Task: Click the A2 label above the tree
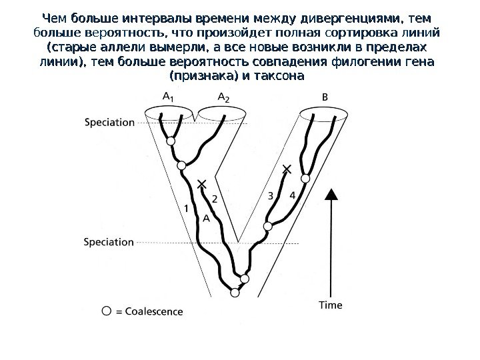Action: tap(224, 97)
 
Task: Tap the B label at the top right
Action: tap(325, 97)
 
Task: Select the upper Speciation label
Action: tap(110, 122)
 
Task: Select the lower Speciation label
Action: tap(110, 242)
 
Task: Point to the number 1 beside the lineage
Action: tap(187, 209)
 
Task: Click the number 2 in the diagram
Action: tap(214, 198)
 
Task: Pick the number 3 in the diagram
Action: tap(270, 195)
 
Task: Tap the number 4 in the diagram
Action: tap(292, 195)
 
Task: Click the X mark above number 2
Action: tap(203, 183)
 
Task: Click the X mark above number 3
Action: tap(287, 170)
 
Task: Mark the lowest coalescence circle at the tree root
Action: tap(235, 291)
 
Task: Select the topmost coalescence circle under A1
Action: tap(171, 142)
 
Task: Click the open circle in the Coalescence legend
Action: tap(107, 310)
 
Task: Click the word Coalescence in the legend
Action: tap(153, 311)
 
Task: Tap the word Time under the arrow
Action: tap(330, 305)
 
